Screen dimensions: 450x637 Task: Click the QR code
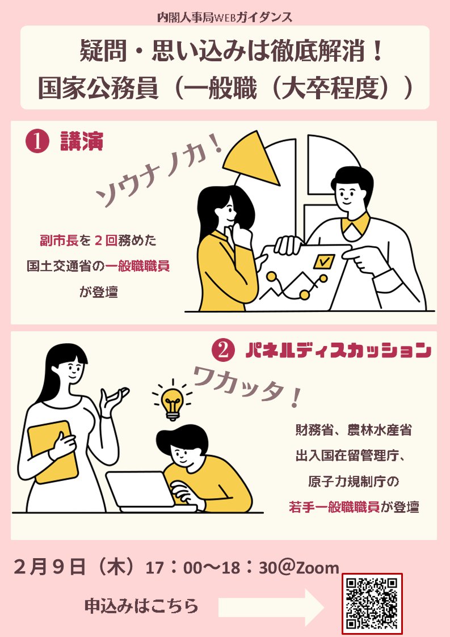pos(372,604)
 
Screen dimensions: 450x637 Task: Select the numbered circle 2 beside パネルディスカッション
pos(223,351)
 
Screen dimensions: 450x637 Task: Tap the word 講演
pos(82,141)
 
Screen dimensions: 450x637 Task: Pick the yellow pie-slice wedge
pos(251,158)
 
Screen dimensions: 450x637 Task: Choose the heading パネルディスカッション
pos(338,351)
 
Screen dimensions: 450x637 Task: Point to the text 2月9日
pos(49,566)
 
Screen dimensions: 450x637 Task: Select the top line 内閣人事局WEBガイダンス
pos(225,18)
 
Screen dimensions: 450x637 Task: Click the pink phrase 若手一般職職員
pos(334,507)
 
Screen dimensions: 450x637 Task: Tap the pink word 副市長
pos(59,241)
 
